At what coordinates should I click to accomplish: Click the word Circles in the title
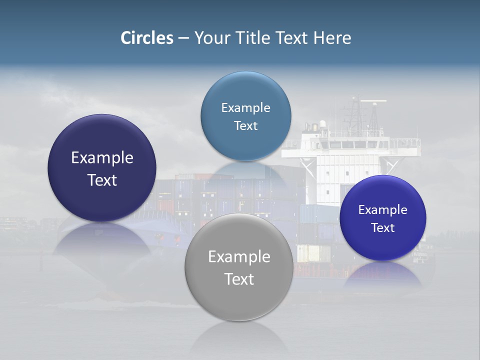pos(147,38)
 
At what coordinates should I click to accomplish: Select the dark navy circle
pos(102,168)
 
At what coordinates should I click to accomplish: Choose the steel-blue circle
pos(245,116)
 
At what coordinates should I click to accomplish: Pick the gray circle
pos(239,267)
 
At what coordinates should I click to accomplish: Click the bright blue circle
pos(382,218)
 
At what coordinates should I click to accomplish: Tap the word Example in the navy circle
pos(102,158)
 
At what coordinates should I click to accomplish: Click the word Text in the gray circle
pos(239,279)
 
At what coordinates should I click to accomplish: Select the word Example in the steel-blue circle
pos(245,107)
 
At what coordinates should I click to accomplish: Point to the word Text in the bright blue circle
pos(383,228)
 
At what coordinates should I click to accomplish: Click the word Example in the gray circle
pos(239,257)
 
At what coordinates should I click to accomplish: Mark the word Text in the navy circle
pos(102,180)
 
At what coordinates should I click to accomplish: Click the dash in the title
pos(183,38)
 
